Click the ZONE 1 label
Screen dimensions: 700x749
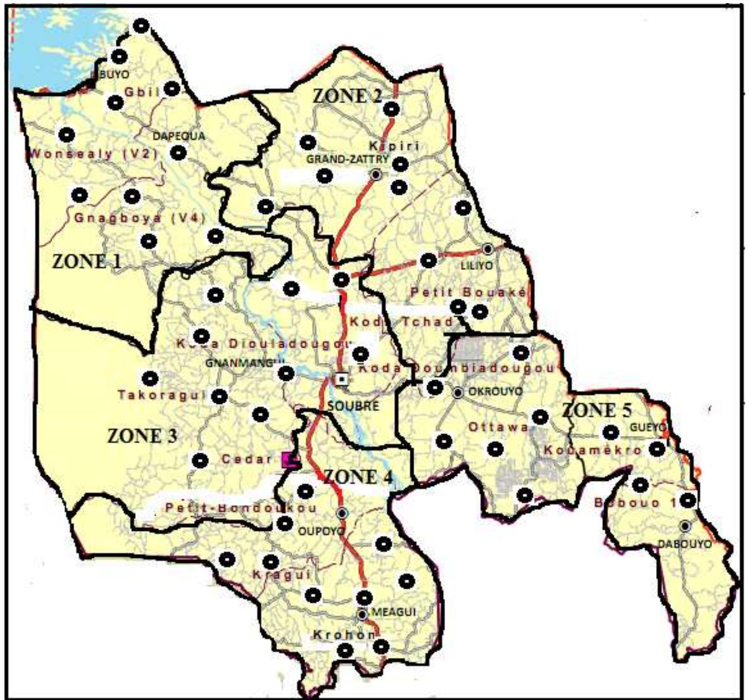87,261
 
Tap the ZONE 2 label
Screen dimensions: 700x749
348,95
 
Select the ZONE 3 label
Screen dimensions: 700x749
142,436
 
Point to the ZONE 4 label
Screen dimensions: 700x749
358,477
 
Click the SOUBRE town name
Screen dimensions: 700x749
353,406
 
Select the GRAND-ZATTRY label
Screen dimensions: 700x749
347,159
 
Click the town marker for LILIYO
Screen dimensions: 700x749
488,249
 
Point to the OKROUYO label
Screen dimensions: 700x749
495,392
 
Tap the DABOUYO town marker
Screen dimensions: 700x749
685,526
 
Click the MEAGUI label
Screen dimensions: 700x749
393,612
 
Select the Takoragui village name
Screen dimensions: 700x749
162,395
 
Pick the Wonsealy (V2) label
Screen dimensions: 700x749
93,153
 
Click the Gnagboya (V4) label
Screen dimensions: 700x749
140,218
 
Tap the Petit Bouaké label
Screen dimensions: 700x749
468,292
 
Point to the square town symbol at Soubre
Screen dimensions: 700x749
341,379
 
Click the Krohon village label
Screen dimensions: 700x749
344,635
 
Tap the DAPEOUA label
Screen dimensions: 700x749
179,136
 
